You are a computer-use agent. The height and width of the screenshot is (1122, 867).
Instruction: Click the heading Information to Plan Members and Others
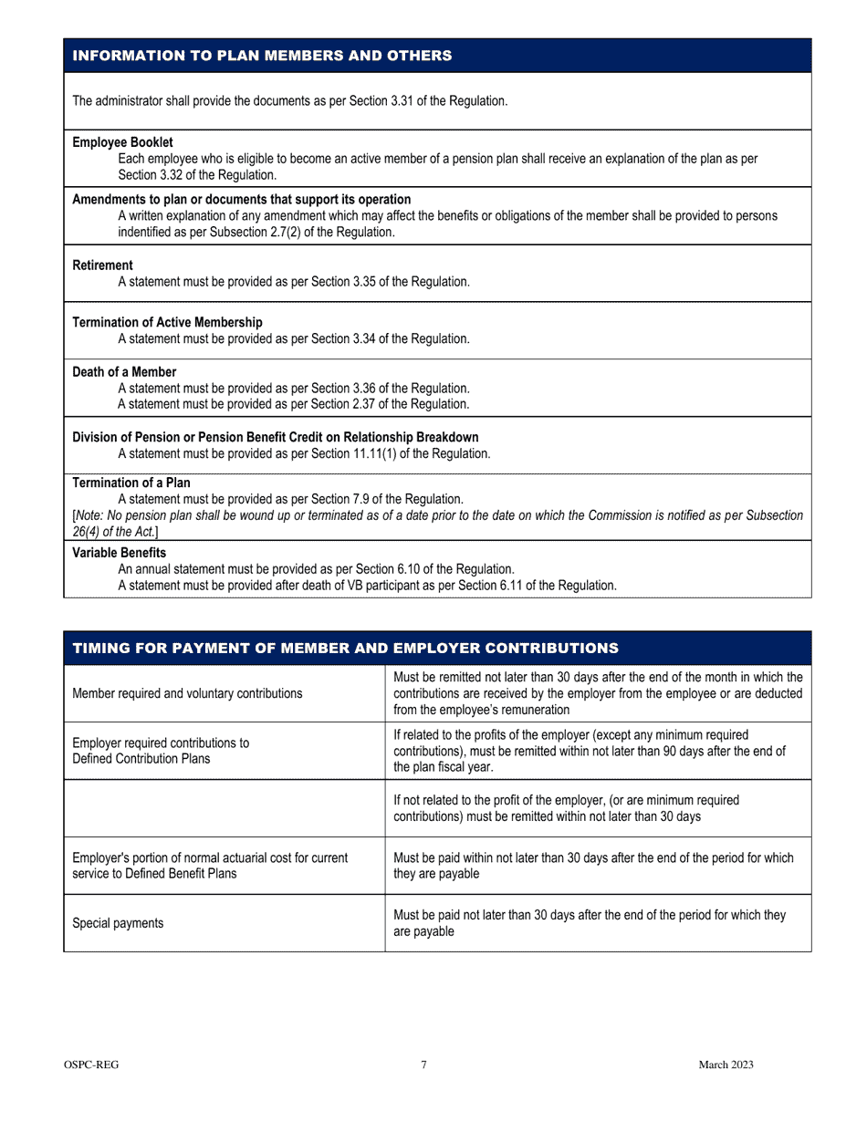pyautogui.click(x=262, y=56)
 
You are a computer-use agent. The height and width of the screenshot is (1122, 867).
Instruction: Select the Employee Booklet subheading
pyautogui.click(x=122, y=142)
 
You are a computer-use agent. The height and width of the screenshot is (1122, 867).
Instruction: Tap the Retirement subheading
pyautogui.click(x=102, y=265)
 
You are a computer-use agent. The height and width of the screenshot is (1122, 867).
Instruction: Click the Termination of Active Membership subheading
pyautogui.click(x=167, y=322)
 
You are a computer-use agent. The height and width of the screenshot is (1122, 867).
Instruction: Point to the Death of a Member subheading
pyautogui.click(x=124, y=372)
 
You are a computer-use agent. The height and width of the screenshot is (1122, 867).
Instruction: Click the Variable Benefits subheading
pyautogui.click(x=119, y=553)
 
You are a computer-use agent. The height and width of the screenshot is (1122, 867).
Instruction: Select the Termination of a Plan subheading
pyautogui.click(x=131, y=483)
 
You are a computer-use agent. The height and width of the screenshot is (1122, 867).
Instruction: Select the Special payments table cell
pyautogui.click(x=118, y=923)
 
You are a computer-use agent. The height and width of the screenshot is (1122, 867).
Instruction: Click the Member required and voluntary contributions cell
pyautogui.click(x=187, y=693)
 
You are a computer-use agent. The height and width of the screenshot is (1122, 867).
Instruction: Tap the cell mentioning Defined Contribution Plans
pyautogui.click(x=160, y=751)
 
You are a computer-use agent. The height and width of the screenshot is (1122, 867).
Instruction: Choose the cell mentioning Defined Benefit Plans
pyautogui.click(x=210, y=866)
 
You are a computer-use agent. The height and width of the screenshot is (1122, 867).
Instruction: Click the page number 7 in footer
pyautogui.click(x=423, y=1065)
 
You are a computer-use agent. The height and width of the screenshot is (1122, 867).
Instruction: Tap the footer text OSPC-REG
pyautogui.click(x=91, y=1065)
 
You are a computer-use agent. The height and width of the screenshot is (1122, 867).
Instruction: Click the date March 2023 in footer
pyautogui.click(x=726, y=1065)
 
